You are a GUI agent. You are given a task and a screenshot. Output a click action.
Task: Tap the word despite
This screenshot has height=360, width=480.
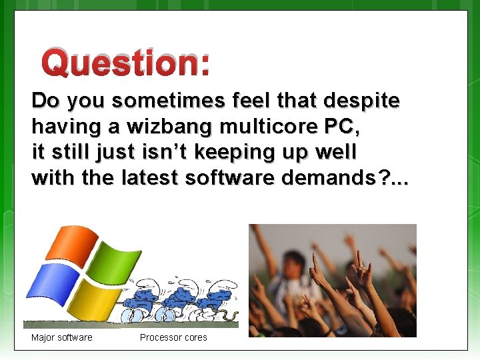[361, 101]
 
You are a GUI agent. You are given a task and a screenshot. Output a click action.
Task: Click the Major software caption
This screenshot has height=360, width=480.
[62, 337]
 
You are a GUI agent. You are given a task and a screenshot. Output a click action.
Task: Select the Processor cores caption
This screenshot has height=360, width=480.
[173, 337]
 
